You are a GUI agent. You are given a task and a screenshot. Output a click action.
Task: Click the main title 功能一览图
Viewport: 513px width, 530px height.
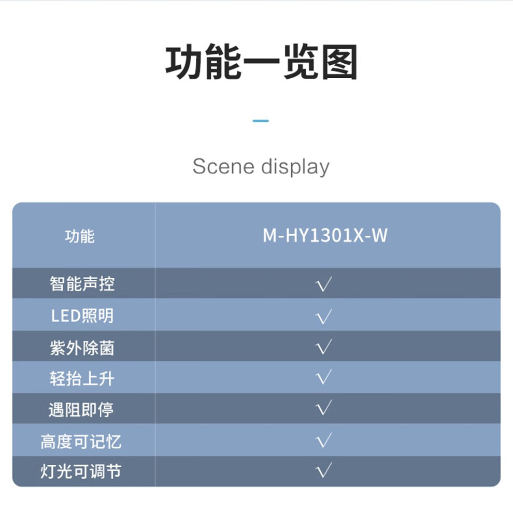[261, 63]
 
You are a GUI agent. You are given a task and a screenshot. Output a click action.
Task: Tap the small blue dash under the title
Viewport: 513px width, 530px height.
[261, 121]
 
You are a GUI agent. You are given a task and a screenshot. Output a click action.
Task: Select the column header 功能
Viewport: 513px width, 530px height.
[80, 236]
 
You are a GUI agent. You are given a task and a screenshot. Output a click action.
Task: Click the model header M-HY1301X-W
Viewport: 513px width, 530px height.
[325, 236]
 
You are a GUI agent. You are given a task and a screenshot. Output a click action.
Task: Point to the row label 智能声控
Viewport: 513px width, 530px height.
[82, 283]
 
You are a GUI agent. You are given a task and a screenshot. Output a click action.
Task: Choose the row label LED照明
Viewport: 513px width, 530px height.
[82, 316]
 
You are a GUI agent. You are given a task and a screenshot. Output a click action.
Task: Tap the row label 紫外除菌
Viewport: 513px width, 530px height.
[82, 348]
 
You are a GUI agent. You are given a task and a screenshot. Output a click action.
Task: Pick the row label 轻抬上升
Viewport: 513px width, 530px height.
[82, 379]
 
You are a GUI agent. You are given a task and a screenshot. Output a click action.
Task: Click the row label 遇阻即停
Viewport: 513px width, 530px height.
[81, 410]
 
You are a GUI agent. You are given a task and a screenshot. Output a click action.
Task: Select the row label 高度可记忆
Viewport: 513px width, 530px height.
[81, 441]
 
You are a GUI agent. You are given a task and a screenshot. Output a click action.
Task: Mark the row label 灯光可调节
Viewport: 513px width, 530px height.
[81, 472]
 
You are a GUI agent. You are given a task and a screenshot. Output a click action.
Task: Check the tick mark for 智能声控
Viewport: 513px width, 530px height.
[324, 284]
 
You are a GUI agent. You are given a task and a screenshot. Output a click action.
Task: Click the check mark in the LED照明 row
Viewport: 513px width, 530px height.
[324, 316]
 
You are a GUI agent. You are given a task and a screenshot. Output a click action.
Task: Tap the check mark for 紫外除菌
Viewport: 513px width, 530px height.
[324, 347]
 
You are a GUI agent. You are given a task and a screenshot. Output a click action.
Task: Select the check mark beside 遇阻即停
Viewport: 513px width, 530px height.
[324, 409]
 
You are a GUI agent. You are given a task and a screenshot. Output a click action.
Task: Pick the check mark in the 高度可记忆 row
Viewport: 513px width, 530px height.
[324, 440]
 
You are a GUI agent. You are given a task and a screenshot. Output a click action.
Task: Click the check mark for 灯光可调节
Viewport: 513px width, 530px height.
[324, 471]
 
